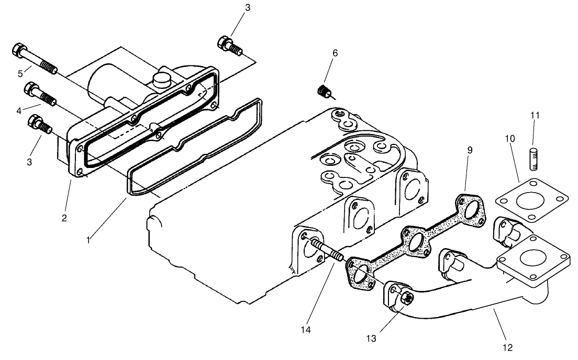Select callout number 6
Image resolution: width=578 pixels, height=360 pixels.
pyautogui.click(x=335, y=53)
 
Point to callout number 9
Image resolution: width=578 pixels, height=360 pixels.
pyautogui.click(x=470, y=150)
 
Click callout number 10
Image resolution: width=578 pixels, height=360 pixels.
pyautogui.click(x=510, y=139)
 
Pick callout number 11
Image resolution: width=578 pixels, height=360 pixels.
pyautogui.click(x=534, y=114)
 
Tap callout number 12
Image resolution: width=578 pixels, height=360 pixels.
pyautogui.click(x=508, y=346)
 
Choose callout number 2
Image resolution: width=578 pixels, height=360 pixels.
pyautogui.click(x=64, y=218)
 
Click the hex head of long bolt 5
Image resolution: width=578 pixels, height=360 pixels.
pyautogui.click(x=18, y=51)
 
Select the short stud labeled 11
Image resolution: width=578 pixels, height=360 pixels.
pyautogui.click(x=534, y=159)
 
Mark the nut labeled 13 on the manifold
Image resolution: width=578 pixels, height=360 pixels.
pyautogui.click(x=406, y=299)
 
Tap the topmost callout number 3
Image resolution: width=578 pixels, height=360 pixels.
pyautogui.click(x=248, y=7)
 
